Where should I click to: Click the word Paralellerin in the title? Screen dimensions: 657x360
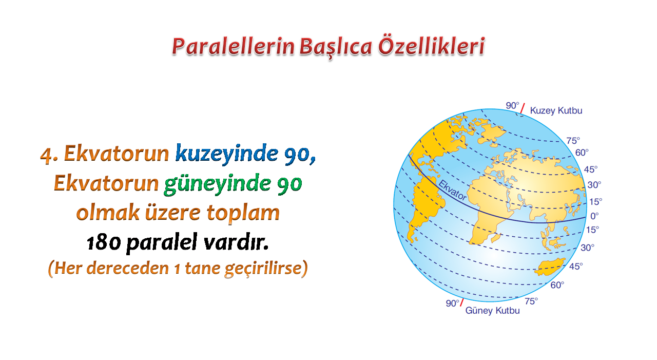pyautogui.click(x=233, y=47)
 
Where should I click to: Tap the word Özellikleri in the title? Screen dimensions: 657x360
pyautogui.click(x=432, y=46)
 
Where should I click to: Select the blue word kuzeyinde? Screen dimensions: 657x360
pyautogui.click(x=226, y=154)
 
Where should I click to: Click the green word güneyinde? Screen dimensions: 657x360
pyautogui.click(x=218, y=184)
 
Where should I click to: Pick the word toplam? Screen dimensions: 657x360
pyautogui.click(x=243, y=213)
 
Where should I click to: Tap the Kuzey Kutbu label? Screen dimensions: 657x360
pyautogui.click(x=556, y=110)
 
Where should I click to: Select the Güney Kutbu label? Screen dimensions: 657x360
pyautogui.click(x=492, y=310)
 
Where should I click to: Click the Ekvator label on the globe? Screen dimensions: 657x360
pyautogui.click(x=452, y=191)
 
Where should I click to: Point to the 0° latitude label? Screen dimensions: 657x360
pyautogui.click(x=594, y=216)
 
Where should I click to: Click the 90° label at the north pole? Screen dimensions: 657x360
pyautogui.click(x=512, y=105)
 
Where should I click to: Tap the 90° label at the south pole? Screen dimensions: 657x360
pyautogui.click(x=452, y=303)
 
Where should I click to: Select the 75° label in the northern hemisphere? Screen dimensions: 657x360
pyautogui.click(x=573, y=141)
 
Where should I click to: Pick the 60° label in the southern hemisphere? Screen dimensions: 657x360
pyautogui.click(x=557, y=285)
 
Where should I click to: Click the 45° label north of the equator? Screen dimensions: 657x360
pyautogui.click(x=591, y=169)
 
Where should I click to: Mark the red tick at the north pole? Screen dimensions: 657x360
pyautogui.click(x=523, y=108)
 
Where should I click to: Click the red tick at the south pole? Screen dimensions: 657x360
pyautogui.click(x=462, y=302)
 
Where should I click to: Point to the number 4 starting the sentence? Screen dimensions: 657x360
pyautogui.click(x=46, y=155)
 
